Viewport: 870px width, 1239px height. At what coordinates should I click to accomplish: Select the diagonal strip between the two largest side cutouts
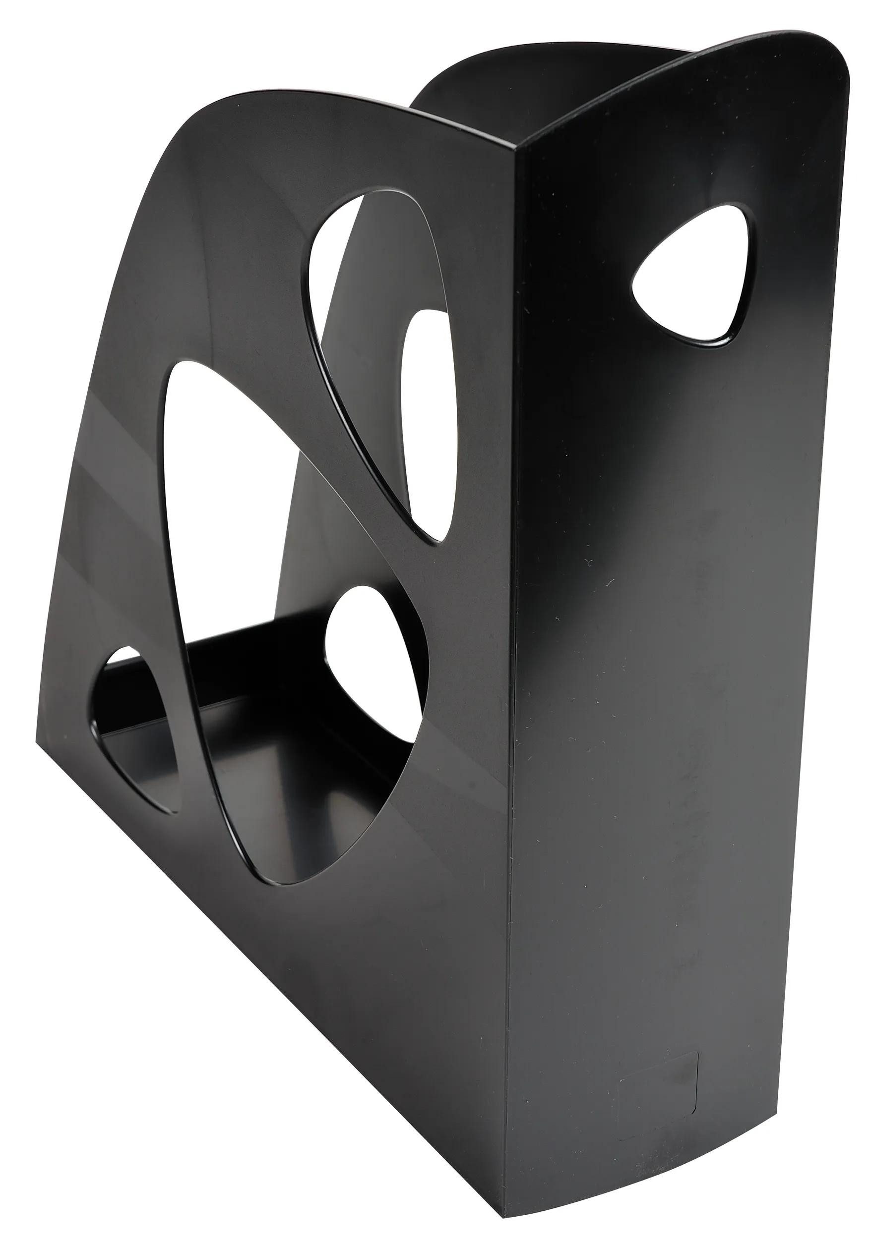[346, 464]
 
